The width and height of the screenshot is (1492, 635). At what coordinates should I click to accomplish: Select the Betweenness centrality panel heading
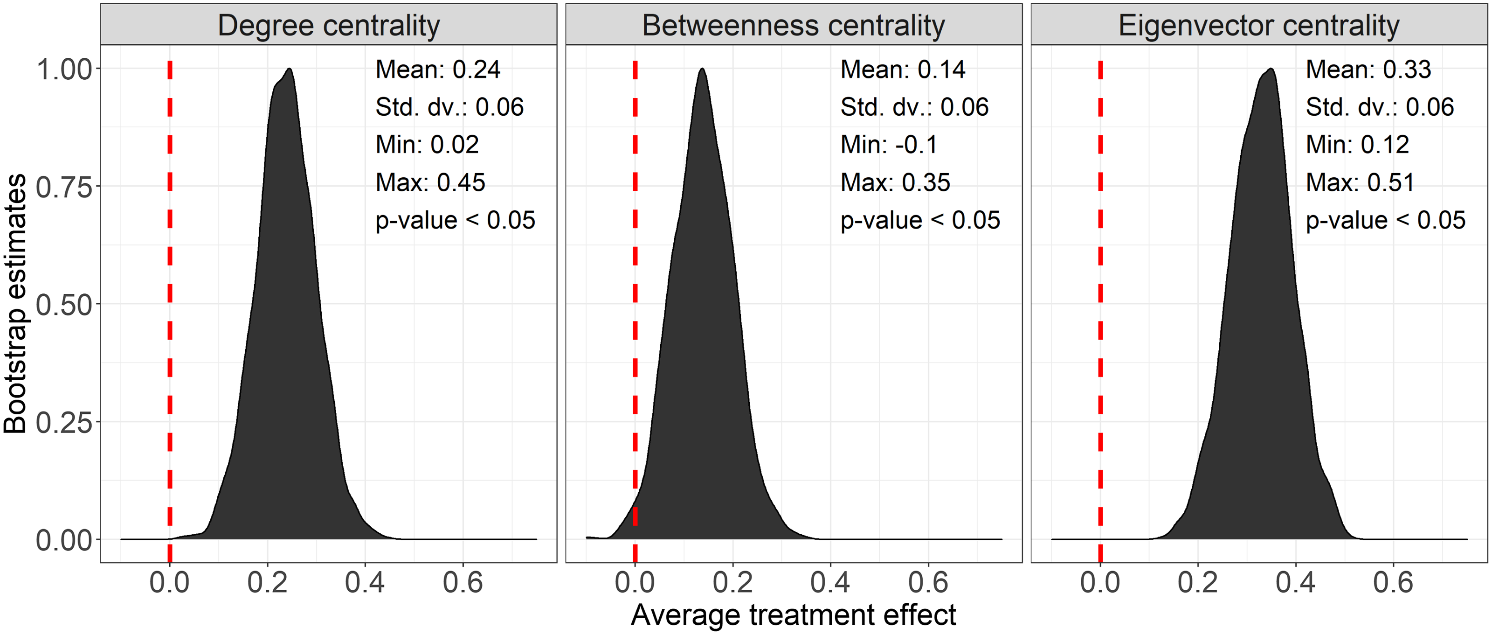793,26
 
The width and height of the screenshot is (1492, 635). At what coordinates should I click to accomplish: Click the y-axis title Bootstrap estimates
16,304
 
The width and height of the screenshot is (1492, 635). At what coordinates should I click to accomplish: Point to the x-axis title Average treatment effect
793,615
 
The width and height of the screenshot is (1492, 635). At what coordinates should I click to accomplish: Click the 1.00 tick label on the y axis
64,70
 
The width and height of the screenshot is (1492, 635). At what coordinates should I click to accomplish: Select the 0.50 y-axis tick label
64,305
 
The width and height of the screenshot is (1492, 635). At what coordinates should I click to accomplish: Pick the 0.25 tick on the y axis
64,422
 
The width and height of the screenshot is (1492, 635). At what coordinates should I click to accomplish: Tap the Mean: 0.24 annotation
437,70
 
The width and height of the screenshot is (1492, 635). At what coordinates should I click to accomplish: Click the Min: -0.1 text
889,144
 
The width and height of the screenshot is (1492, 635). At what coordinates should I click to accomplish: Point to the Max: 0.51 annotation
1360,182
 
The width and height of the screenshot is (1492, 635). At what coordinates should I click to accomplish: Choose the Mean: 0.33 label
1368,70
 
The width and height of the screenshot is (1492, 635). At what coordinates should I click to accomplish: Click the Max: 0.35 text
895,182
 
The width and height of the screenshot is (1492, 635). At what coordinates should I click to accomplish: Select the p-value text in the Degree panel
455,220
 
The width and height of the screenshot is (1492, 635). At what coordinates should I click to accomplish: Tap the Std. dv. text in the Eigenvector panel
1379,107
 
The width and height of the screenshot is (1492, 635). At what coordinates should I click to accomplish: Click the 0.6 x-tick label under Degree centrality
463,582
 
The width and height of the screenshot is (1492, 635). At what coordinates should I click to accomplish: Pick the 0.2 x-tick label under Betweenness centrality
732,582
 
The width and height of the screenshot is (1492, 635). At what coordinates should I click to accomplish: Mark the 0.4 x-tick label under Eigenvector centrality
1295,582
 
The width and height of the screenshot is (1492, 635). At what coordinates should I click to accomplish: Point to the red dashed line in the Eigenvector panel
1100,290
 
